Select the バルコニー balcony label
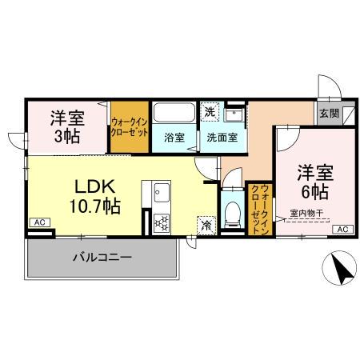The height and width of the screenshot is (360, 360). pyautogui.click(x=102, y=258)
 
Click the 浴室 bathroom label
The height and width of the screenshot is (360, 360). pyautogui.click(x=174, y=137)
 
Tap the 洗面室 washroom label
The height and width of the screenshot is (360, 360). pyautogui.click(x=222, y=137)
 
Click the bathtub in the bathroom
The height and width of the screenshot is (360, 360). pyautogui.click(x=174, y=112)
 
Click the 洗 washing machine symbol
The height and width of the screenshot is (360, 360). pyautogui.click(x=209, y=111)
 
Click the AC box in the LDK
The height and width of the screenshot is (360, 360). pyautogui.click(x=39, y=222)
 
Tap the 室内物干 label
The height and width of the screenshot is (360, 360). pyautogui.click(x=306, y=214)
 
